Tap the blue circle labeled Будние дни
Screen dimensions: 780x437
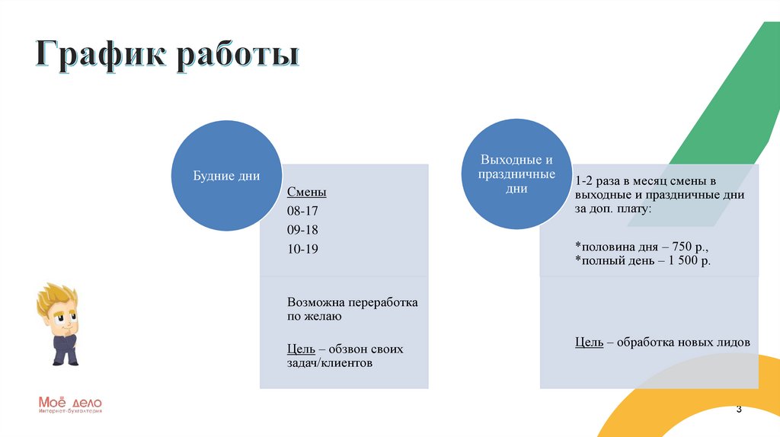point(226,176)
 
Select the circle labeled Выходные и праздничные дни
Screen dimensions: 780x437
point(516,174)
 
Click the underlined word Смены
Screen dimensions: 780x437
point(306,192)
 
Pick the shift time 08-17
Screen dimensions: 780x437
point(302,211)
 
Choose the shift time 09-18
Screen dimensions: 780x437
point(302,230)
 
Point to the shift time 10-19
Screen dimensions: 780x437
point(302,249)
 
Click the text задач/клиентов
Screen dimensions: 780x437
point(330,363)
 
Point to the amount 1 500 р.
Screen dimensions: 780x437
point(689,260)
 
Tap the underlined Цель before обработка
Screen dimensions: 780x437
point(589,343)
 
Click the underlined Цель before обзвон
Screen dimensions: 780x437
point(301,349)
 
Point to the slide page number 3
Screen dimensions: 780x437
point(739,409)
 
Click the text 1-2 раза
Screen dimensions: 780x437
point(597,181)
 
